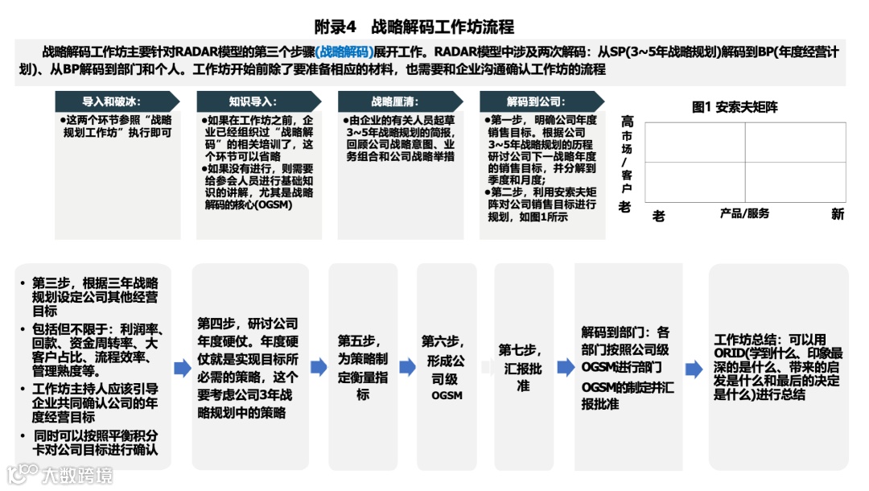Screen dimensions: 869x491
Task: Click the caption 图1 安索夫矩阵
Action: point(735,106)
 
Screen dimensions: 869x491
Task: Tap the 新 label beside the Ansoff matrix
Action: point(838,214)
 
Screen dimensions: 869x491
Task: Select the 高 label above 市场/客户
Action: point(627,122)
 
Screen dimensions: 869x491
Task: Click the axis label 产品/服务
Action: point(744,213)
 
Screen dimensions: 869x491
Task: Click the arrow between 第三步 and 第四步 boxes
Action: point(182,368)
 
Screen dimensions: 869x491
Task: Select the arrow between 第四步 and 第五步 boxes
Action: point(319,368)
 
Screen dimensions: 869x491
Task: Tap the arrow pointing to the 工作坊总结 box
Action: point(693,369)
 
